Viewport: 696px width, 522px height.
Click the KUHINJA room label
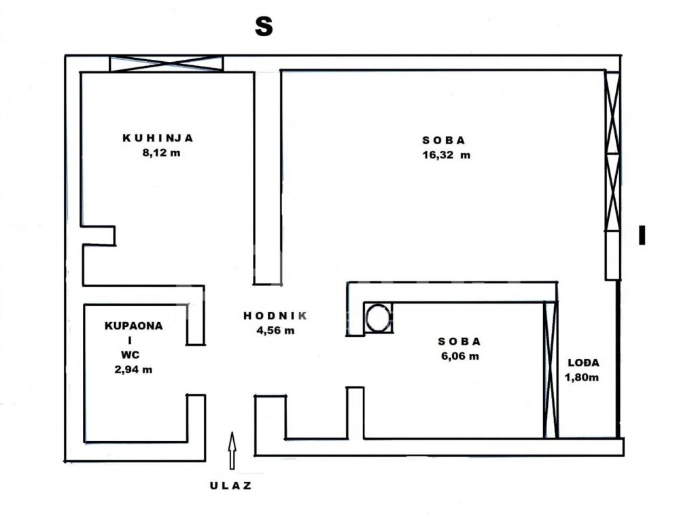tap(158, 138)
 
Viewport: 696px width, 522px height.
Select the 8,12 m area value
tap(161, 153)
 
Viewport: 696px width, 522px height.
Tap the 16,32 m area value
tap(446, 155)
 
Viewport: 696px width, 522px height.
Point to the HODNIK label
tap(275, 315)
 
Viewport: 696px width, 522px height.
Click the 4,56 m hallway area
tap(275, 330)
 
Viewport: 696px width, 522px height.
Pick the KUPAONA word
tap(134, 326)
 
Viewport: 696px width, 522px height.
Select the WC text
tap(130, 355)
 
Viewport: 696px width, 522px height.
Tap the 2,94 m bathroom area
tap(133, 369)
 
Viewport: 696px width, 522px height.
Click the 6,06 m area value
tap(460, 356)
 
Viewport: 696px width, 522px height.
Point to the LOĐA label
tap(584, 363)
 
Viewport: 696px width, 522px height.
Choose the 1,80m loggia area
tap(582, 377)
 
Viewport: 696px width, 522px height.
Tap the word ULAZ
tap(231, 485)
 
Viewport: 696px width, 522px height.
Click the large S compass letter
tap(264, 27)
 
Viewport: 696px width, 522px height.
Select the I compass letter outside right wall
tap(642, 235)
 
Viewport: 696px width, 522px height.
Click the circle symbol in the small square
tap(378, 317)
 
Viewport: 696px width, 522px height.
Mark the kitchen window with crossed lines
tap(167, 63)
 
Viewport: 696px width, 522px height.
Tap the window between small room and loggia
tap(551, 370)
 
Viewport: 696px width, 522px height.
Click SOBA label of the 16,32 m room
tap(443, 140)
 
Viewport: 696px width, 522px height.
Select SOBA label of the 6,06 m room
tap(459, 341)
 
